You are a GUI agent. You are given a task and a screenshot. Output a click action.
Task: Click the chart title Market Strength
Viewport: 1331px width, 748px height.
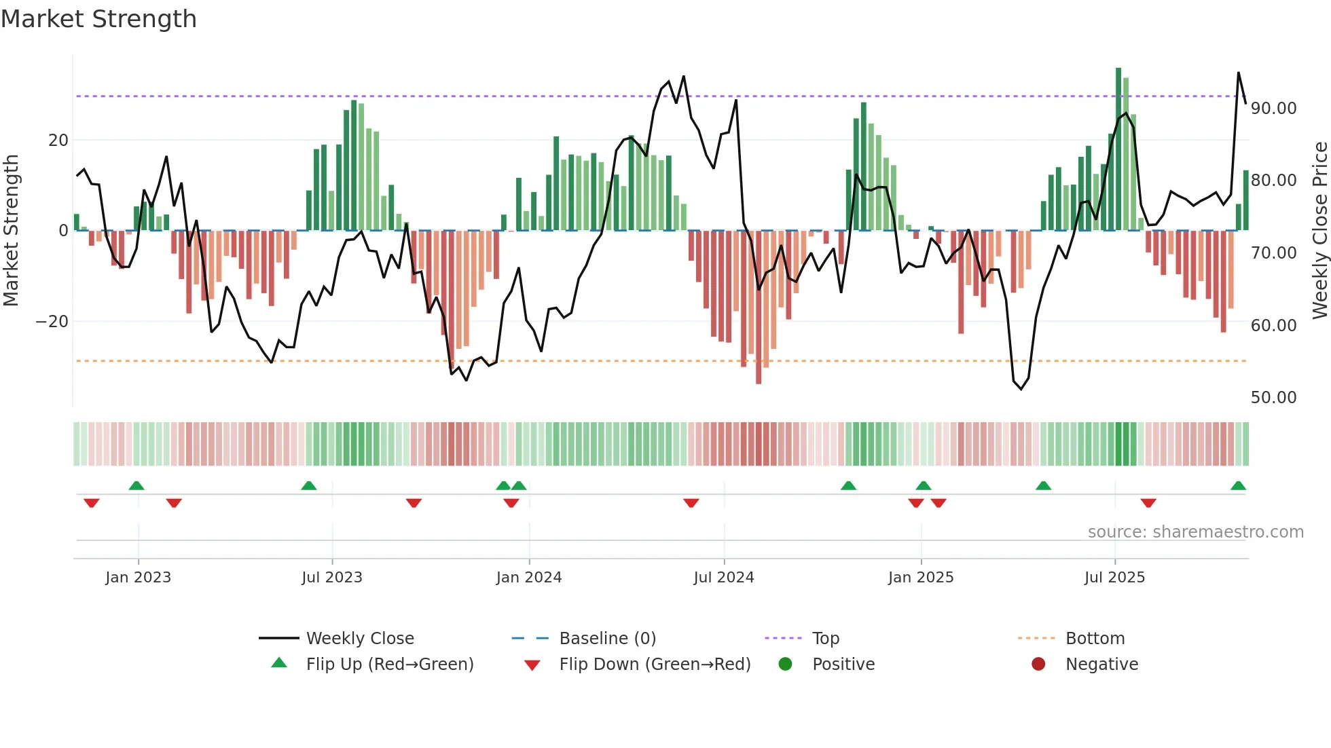[98, 19]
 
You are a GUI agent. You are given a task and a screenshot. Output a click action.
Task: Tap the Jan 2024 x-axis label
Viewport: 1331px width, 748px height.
[529, 578]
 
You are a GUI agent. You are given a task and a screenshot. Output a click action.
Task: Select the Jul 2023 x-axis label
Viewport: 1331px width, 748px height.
[332, 578]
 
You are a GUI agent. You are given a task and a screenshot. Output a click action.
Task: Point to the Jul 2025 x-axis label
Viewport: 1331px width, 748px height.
[1114, 578]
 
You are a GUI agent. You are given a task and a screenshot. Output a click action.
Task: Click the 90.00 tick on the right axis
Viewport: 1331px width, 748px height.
[1273, 109]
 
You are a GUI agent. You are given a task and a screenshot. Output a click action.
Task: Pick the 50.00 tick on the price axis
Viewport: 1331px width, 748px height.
[1273, 398]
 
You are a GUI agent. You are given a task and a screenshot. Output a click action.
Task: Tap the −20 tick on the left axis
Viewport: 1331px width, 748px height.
[52, 322]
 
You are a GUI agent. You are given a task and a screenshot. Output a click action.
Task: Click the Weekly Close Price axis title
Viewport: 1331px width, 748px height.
[1319, 231]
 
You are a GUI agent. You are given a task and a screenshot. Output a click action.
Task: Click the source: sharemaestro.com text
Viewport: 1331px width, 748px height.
[1195, 532]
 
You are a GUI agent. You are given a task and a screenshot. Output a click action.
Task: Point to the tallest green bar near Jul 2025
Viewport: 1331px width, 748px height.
[1118, 149]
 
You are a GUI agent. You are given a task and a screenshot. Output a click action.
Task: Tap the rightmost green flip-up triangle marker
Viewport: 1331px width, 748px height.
[1238, 486]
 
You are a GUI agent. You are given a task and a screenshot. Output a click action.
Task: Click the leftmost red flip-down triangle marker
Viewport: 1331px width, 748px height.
[92, 503]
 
